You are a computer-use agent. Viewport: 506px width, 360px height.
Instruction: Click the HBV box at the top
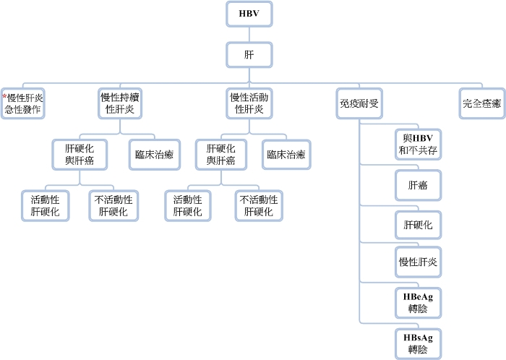click(x=249, y=14)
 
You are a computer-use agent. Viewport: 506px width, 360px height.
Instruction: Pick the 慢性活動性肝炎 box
click(x=249, y=103)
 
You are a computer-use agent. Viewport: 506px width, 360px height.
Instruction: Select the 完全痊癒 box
click(x=481, y=103)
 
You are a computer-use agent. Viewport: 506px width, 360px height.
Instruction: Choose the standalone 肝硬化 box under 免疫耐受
click(x=418, y=226)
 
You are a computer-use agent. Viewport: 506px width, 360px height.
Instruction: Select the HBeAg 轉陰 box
click(x=418, y=302)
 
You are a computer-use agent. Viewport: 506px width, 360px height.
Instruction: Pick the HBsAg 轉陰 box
click(x=418, y=343)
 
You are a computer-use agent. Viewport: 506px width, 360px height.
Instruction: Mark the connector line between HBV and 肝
click(x=249, y=33)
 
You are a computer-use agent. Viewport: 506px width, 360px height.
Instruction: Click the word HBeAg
click(x=418, y=296)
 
